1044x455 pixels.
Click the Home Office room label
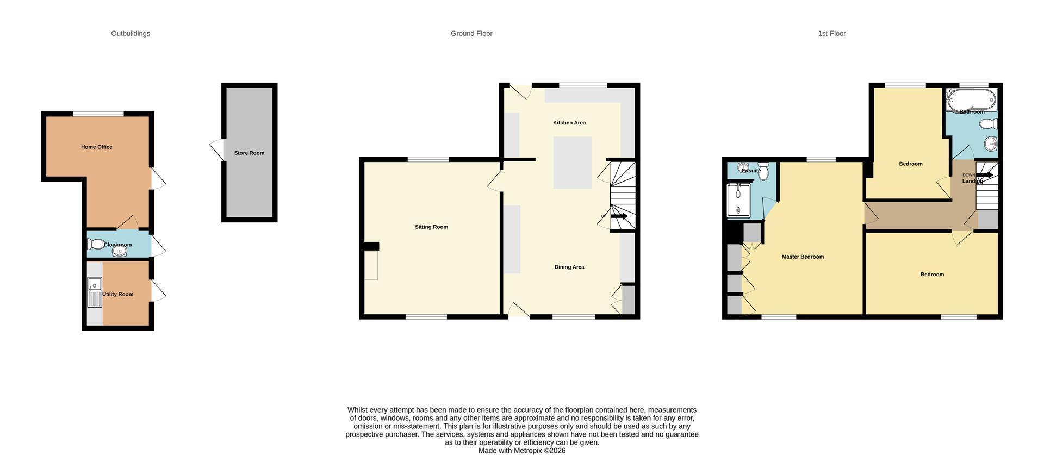pyautogui.click(x=97, y=147)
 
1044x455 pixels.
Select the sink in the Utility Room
pyautogui.click(x=95, y=292)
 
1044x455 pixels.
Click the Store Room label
pyautogui.click(x=249, y=153)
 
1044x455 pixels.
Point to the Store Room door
pyautogui.click(x=217, y=149)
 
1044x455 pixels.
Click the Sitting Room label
pyautogui.click(x=431, y=227)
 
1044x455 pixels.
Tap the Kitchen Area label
pyautogui.click(x=569, y=123)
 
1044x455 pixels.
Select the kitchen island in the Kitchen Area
pyautogui.click(x=573, y=163)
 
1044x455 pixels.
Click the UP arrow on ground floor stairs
pyautogui.click(x=619, y=216)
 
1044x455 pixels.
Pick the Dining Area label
pyautogui.click(x=569, y=267)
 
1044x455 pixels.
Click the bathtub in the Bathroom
pyautogui.click(x=972, y=99)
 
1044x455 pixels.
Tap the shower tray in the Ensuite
pyautogui.click(x=738, y=200)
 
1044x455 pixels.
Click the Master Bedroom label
pyautogui.click(x=803, y=257)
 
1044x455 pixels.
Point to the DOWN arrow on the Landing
pyautogui.click(x=985, y=175)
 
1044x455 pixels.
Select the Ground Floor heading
pyautogui.click(x=471, y=33)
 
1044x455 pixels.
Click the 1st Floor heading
pyautogui.click(x=832, y=33)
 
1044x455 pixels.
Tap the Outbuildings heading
pyautogui.click(x=130, y=33)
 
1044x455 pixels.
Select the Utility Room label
pyautogui.click(x=117, y=294)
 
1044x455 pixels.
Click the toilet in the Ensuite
pyautogui.click(x=763, y=171)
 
